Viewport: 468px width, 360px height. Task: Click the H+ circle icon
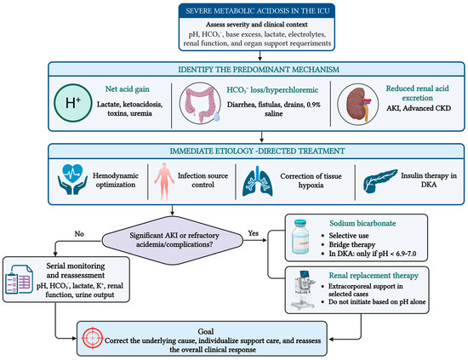point(73,103)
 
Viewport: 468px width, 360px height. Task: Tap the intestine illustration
point(200,103)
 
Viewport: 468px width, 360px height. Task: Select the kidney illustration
point(358,104)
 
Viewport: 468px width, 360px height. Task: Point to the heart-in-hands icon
point(72,180)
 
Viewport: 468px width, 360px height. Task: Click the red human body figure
point(164,181)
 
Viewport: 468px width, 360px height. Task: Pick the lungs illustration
point(258,181)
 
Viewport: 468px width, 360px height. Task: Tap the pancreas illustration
point(380,180)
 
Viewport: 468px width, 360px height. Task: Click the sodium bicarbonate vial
point(300,237)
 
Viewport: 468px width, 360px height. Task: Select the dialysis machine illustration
point(303,290)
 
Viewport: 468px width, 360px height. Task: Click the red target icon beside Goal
point(93,338)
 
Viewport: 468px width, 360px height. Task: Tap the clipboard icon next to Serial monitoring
point(19,279)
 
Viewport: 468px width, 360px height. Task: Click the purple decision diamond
point(173,240)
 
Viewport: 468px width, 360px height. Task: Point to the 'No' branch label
point(79,234)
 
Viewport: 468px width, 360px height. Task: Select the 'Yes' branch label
point(253,233)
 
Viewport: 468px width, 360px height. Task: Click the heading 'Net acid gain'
point(127,89)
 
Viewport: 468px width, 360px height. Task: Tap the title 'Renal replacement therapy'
point(374,276)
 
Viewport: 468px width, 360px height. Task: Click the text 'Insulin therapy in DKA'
point(429,180)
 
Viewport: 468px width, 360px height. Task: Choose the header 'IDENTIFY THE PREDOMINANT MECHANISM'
point(259,70)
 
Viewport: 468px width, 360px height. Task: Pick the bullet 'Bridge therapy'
point(352,245)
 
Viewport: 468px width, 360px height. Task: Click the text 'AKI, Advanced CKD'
point(419,108)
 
